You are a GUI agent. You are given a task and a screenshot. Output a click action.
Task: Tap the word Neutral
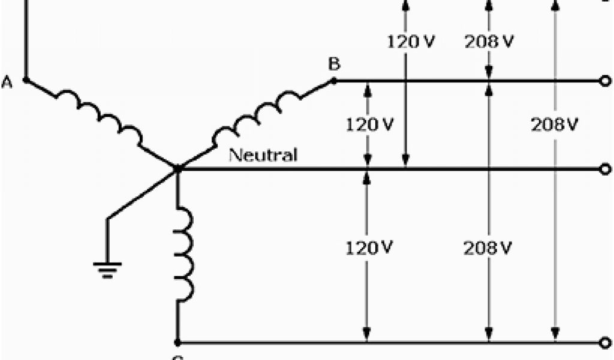pos(263,155)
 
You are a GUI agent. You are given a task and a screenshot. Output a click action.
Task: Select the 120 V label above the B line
pos(411,42)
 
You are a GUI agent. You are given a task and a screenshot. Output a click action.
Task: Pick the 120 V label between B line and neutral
pos(369,125)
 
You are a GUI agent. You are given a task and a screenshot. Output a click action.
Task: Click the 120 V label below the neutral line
pos(369,247)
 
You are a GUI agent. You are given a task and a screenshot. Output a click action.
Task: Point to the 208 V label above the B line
pos(489,42)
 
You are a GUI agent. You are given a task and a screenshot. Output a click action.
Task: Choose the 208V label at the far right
pos(554,125)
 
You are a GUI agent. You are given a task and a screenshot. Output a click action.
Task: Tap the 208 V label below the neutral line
pos(488,247)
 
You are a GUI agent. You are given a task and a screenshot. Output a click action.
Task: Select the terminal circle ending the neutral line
pos(605,170)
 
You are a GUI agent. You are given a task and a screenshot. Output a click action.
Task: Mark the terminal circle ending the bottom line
pos(605,343)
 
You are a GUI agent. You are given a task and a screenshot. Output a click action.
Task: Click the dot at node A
pos(25,79)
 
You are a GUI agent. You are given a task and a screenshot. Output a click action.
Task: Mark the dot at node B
pos(335,80)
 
